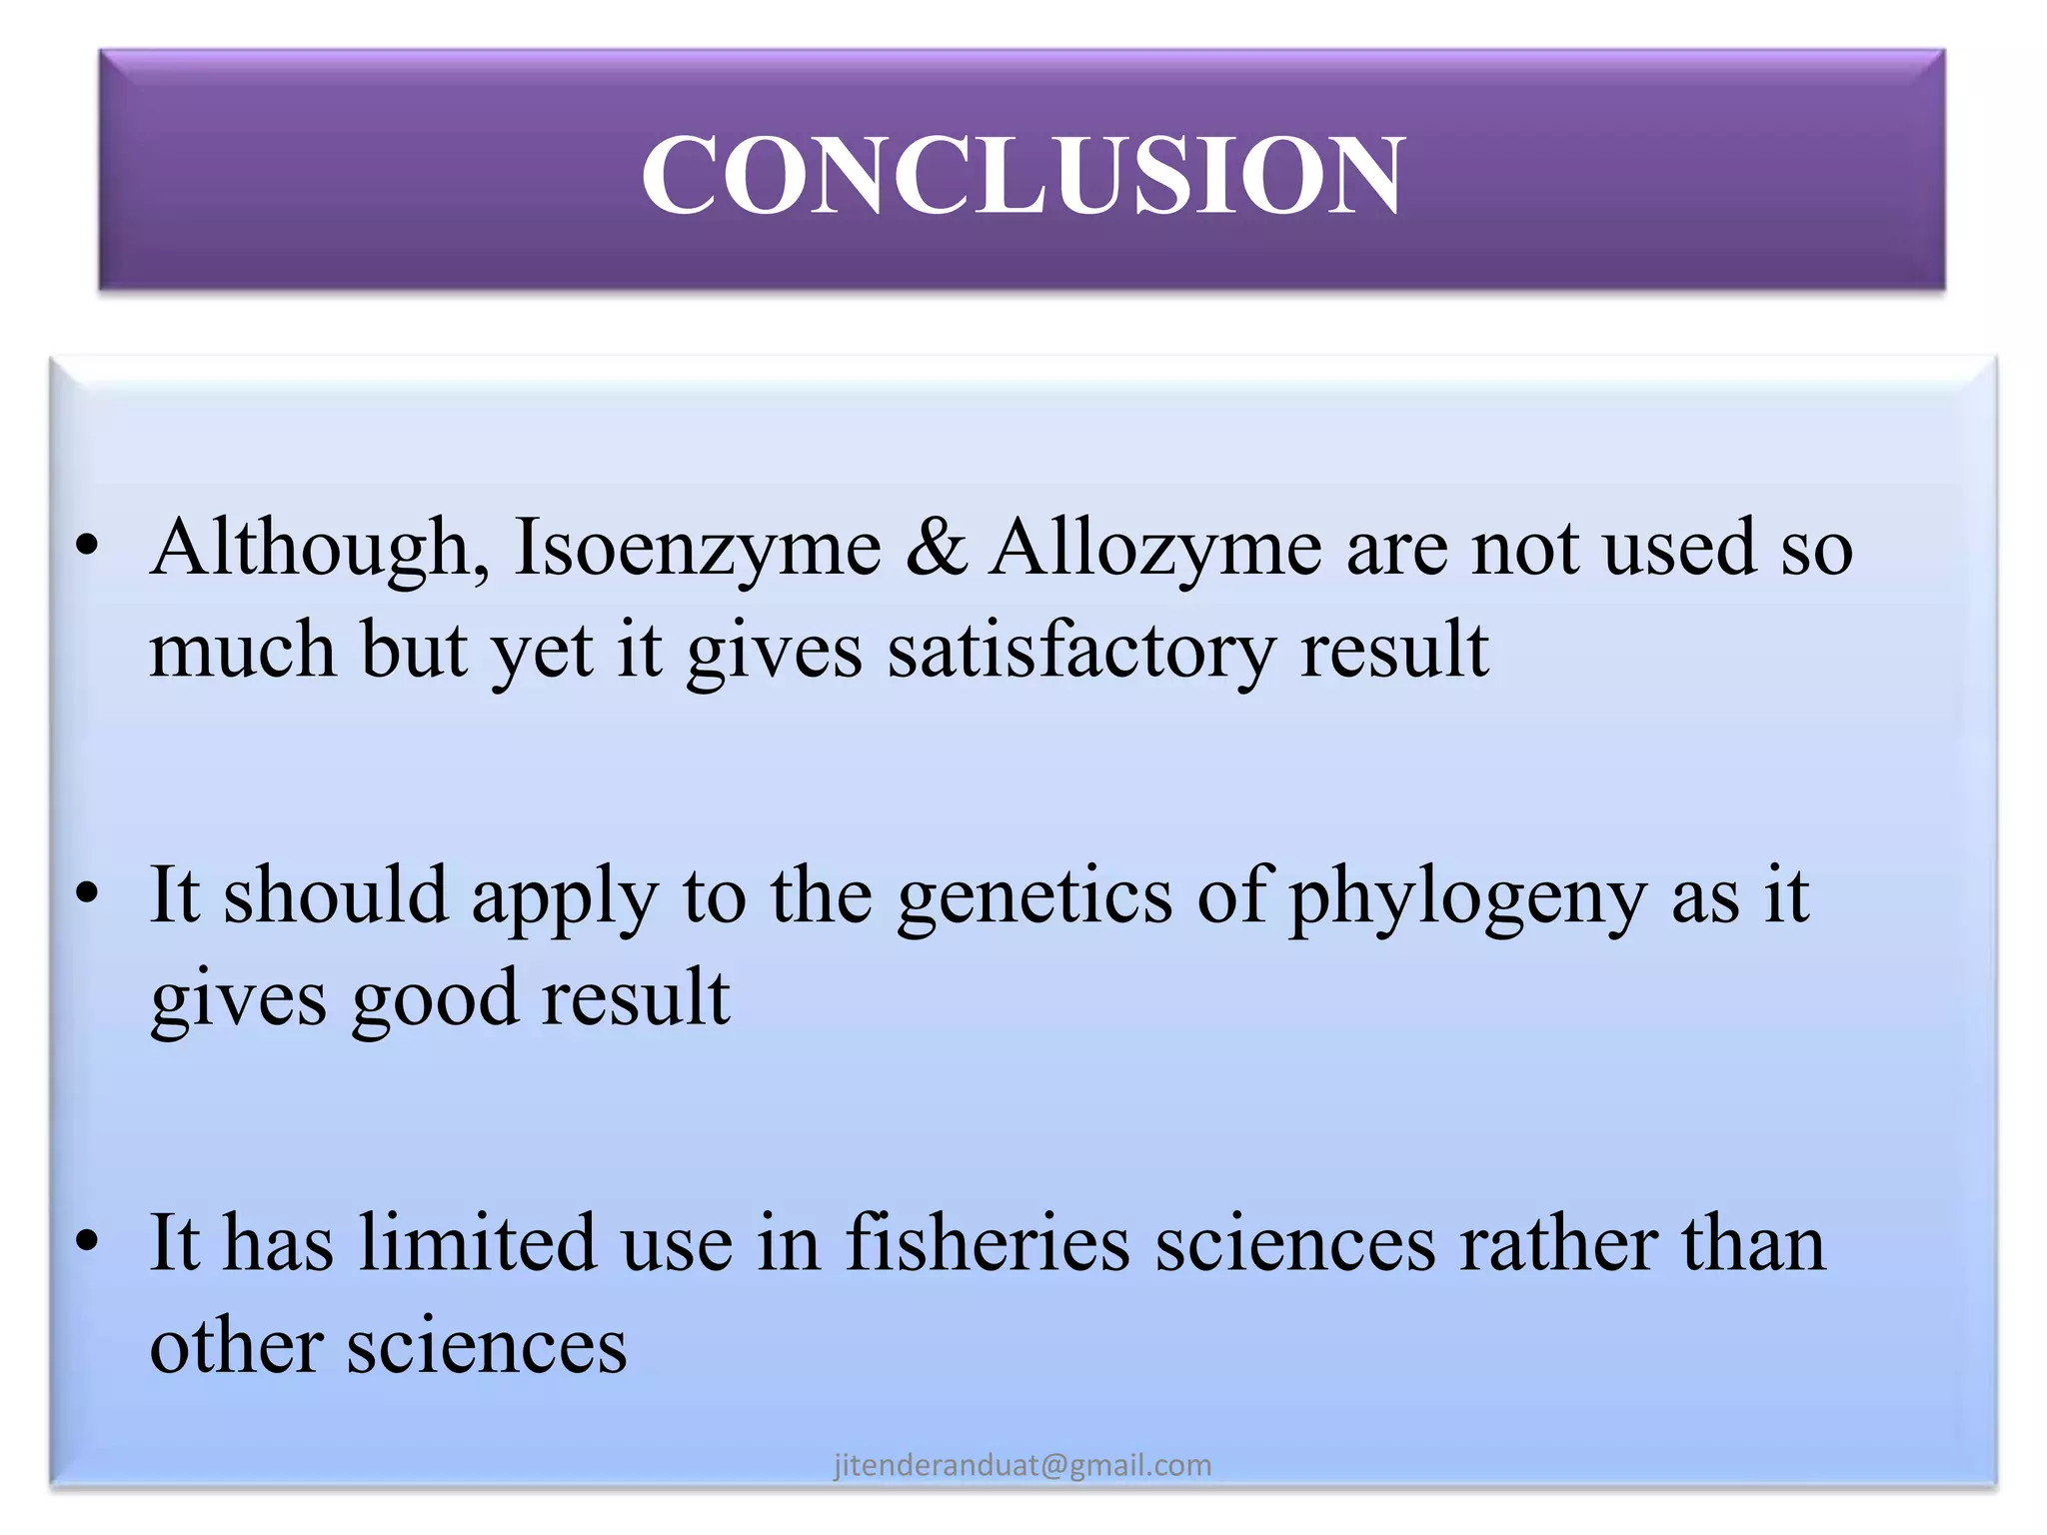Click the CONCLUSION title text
(x=1023, y=175)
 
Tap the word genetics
(x=1034, y=896)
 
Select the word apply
(x=565, y=896)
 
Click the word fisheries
(x=988, y=1244)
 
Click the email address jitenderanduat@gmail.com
(x=1023, y=1465)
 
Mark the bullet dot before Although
(x=88, y=546)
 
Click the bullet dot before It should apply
(x=88, y=892)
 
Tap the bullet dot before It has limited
(x=88, y=1240)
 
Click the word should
(x=335, y=896)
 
